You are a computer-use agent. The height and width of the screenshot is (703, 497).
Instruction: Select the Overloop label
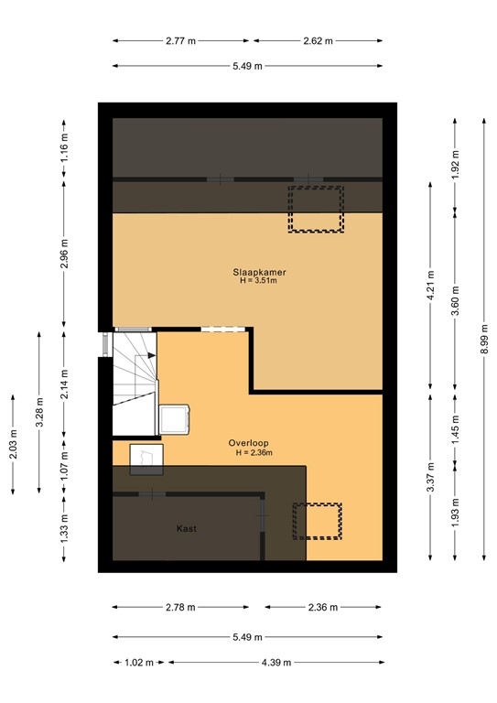click(x=249, y=442)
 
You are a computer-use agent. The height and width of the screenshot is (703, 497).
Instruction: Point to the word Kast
click(x=187, y=528)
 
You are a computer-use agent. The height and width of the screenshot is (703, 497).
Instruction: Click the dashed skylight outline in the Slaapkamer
click(x=316, y=209)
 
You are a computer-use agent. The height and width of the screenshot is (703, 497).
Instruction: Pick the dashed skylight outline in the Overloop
click(x=316, y=520)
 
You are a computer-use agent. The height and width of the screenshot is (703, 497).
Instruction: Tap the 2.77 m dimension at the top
click(x=183, y=40)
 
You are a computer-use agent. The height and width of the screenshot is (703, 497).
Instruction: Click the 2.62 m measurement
click(x=318, y=40)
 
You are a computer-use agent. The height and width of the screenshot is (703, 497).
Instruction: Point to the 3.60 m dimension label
click(x=455, y=301)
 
